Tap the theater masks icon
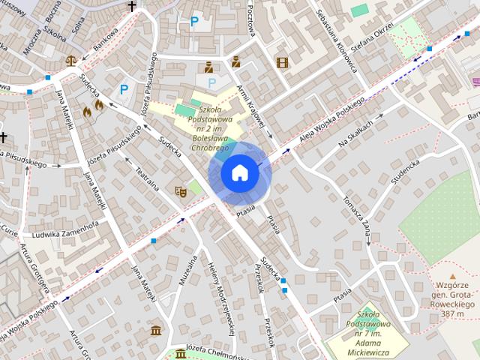[179, 192]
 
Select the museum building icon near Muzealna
[156, 331]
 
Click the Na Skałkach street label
[355, 134]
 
